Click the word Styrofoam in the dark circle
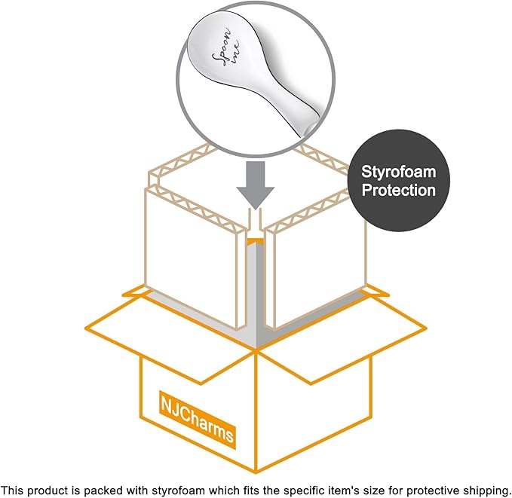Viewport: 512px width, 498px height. coord(398,173)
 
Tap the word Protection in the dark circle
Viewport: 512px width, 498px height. coord(399,191)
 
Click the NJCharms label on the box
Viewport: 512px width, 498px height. coord(198,419)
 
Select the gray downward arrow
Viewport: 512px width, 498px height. coord(256,185)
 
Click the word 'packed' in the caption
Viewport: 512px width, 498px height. coord(102,490)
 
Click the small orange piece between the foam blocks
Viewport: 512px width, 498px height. coord(255,241)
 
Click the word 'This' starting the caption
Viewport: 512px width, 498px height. coord(12,490)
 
